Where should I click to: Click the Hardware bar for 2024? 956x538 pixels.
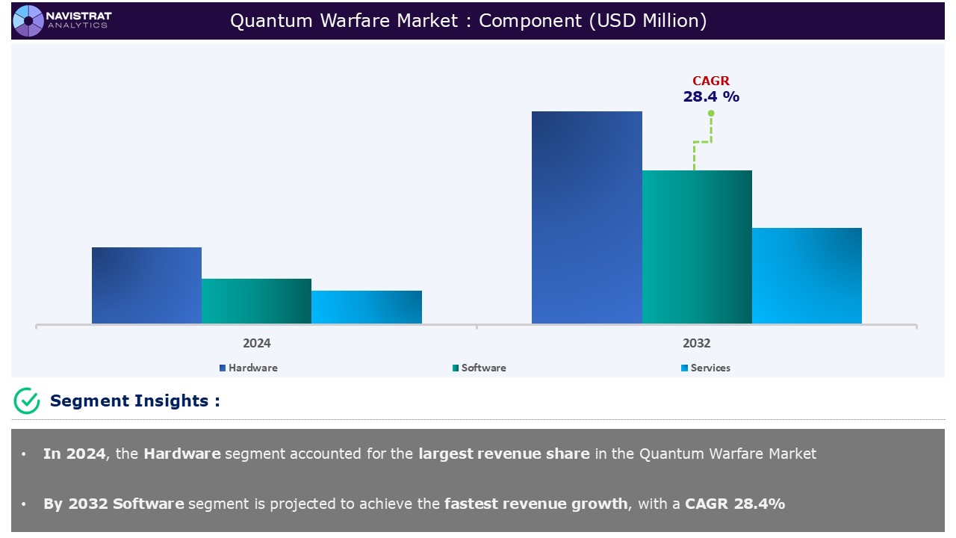(146, 285)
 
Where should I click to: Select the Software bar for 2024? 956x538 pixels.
(256, 301)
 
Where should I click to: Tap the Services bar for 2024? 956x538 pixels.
(367, 307)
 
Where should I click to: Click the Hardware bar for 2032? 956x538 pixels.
(586, 217)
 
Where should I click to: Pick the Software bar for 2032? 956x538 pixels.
(697, 247)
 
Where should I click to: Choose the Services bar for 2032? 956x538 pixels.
(807, 276)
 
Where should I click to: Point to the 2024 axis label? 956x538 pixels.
(256, 344)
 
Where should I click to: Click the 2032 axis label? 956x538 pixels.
(696, 344)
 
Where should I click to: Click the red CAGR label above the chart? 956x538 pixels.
(710, 81)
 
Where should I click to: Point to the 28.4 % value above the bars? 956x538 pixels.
(710, 96)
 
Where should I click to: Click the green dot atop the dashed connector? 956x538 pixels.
(711, 114)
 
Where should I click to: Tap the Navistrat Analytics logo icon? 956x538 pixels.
(28, 20)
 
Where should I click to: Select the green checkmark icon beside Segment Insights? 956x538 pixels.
(27, 401)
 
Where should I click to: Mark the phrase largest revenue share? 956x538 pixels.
(503, 454)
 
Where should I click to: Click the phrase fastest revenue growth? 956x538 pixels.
(536, 504)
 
